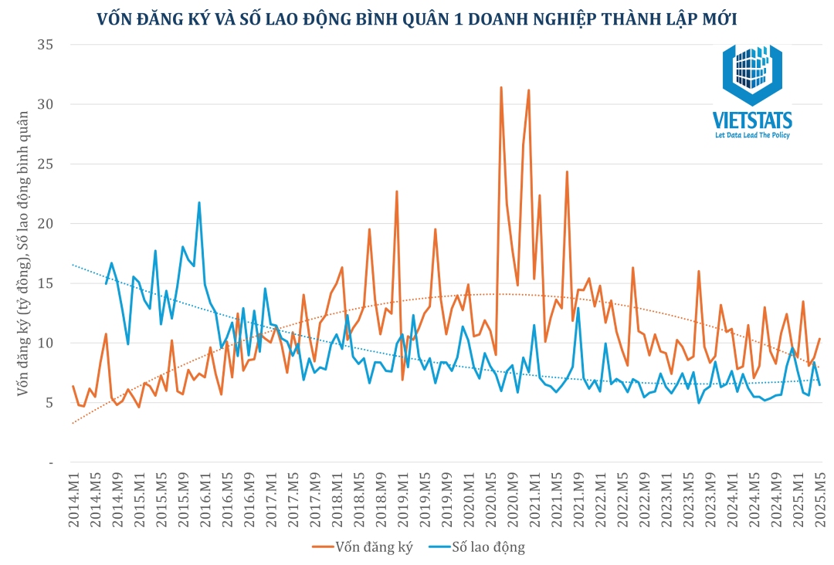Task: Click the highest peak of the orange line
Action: (501, 87)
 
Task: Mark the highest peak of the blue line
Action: (199, 203)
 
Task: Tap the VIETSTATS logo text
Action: (752, 120)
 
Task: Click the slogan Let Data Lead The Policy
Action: (752, 135)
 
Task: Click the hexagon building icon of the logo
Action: (752, 73)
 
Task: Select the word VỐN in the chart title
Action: (114, 19)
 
